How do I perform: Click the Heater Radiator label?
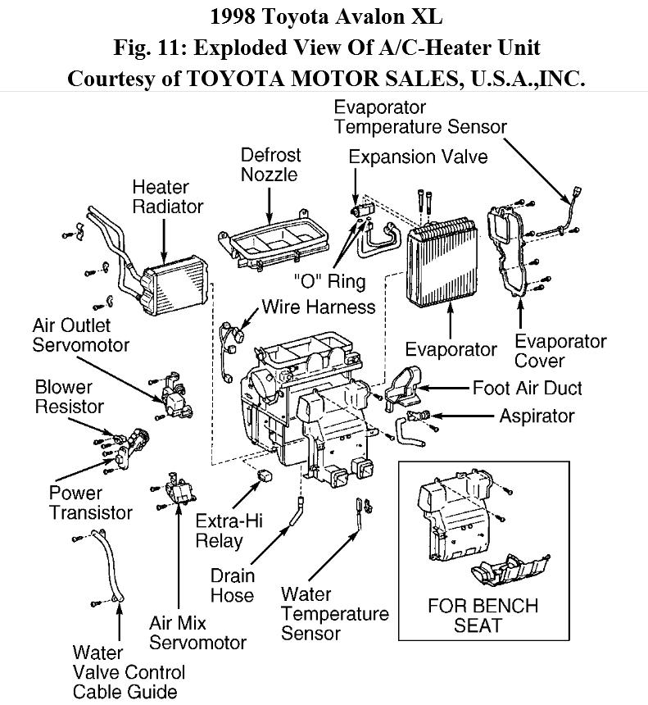tap(167, 197)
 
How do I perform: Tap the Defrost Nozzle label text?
tap(270, 165)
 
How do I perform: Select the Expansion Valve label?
tap(418, 157)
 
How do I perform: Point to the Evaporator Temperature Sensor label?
tap(420, 117)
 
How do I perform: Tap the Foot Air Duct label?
tap(527, 387)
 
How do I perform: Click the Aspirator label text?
tap(537, 416)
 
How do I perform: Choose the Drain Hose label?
tap(232, 585)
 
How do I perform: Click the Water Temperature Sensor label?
tap(334, 614)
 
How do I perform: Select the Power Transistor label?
tap(90, 503)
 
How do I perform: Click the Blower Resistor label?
tap(70, 396)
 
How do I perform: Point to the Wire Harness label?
tap(318, 307)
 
